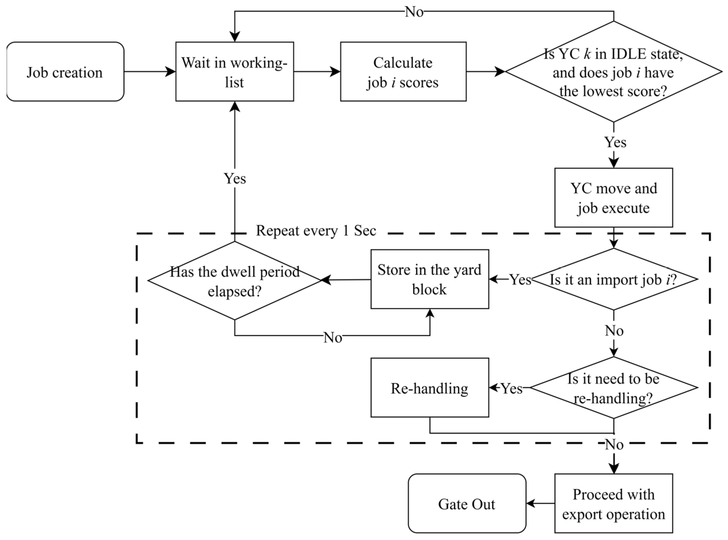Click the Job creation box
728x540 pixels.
click(x=65, y=72)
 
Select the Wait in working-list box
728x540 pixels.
click(x=235, y=72)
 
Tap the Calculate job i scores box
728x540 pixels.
click(x=403, y=72)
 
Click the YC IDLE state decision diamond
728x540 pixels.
click(x=614, y=72)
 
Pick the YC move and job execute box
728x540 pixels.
click(x=614, y=198)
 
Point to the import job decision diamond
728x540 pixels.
click(x=614, y=279)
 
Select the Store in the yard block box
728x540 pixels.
click(x=430, y=279)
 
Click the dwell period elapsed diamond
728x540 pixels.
click(x=235, y=280)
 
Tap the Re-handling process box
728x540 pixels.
click(x=430, y=388)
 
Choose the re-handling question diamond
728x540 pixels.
click(x=614, y=388)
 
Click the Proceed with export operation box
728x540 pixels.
click(x=614, y=503)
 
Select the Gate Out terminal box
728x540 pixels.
click(x=467, y=503)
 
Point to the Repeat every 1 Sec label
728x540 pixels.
click(x=316, y=231)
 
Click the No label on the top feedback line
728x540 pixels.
click(x=414, y=12)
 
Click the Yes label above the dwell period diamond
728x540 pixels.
click(x=235, y=178)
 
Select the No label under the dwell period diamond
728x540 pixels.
click(x=333, y=337)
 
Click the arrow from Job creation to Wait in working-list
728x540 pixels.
click(x=150, y=72)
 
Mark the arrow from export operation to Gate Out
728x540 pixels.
click(x=540, y=503)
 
